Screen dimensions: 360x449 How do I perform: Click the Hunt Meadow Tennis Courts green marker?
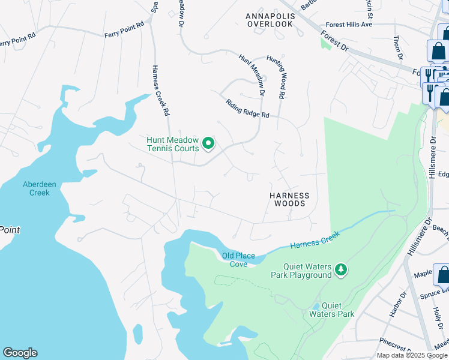point(208,143)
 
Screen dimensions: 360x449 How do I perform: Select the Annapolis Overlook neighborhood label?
point(270,19)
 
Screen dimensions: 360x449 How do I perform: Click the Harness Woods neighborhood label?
point(289,199)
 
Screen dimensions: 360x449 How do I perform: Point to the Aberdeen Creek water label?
point(36,188)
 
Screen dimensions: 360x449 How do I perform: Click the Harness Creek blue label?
point(315,239)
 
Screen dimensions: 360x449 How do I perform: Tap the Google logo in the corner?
point(20,353)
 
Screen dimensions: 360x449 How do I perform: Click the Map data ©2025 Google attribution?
point(412,355)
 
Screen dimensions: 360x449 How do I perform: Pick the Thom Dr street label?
point(397,47)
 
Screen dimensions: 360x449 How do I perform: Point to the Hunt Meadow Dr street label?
point(251,74)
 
